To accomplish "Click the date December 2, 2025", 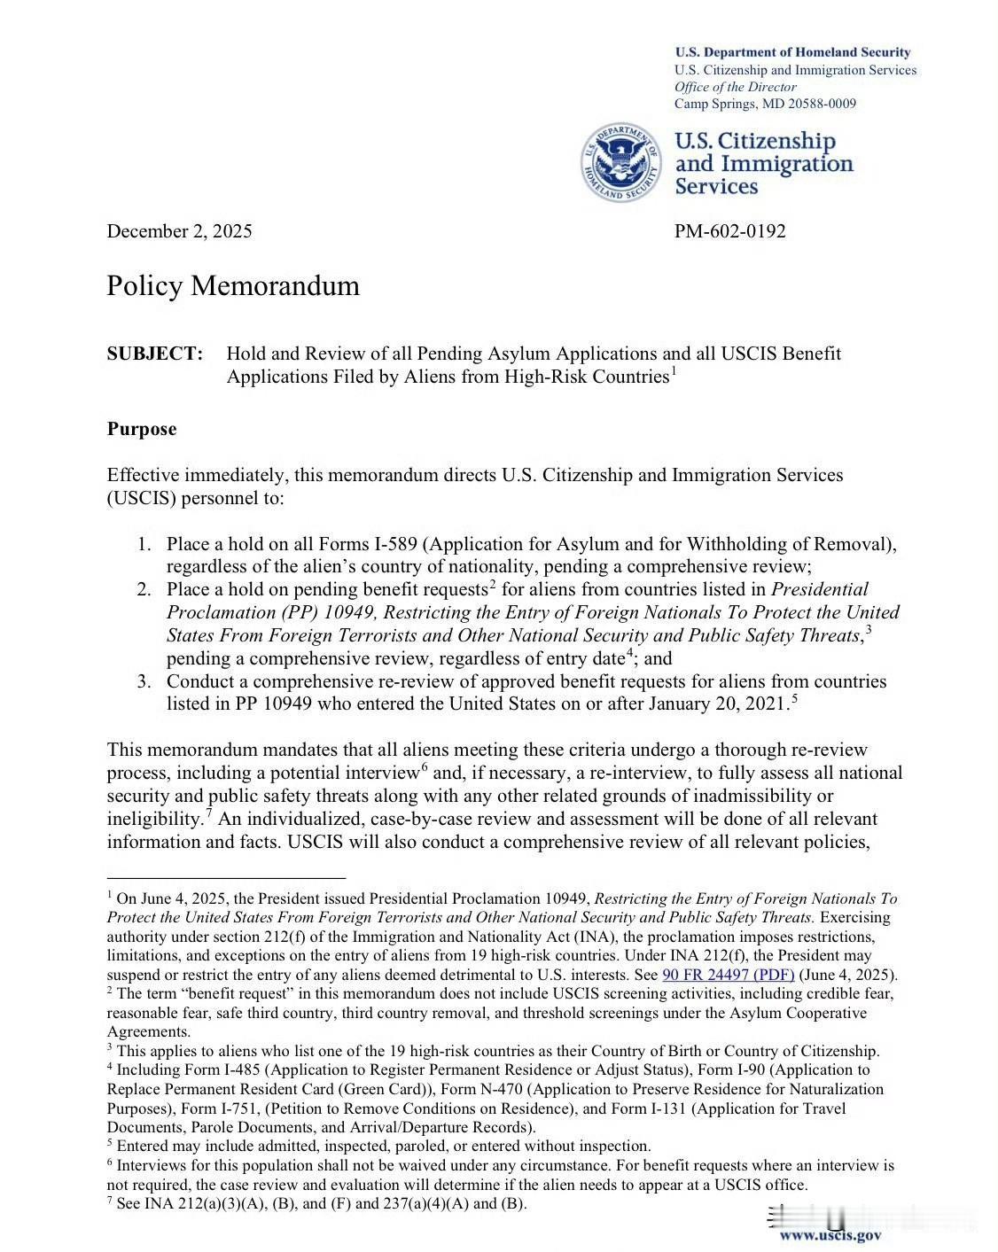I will point(179,231).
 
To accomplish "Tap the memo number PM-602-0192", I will point(729,231).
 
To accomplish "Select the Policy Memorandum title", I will point(233,286).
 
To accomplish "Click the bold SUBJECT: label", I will point(155,354).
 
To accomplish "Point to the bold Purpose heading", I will point(142,429).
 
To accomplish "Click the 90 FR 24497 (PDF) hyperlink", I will point(728,975).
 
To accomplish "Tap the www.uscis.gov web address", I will point(830,1235).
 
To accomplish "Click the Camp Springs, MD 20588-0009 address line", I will point(765,104).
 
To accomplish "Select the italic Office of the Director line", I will point(735,87).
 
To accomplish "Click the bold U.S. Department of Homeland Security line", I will point(792,52).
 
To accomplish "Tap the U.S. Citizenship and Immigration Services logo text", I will point(763,164).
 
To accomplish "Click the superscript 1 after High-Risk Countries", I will point(674,370).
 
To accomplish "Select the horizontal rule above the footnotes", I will point(225,876).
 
